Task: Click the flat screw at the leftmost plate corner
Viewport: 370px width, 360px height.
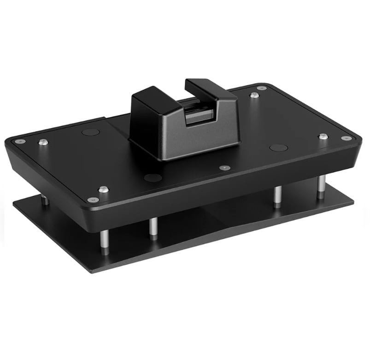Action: [x=18, y=141]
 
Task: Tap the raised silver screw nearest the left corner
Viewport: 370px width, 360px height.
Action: [x=43, y=142]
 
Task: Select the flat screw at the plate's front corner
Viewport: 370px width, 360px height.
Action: [x=93, y=200]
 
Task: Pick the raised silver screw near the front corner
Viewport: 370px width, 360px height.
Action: [x=103, y=189]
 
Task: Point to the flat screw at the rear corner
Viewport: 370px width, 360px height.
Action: [x=262, y=88]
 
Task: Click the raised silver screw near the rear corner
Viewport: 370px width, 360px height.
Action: [x=254, y=95]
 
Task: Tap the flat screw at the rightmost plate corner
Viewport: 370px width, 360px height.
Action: [x=346, y=138]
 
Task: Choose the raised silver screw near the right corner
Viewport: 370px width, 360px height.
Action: [x=323, y=136]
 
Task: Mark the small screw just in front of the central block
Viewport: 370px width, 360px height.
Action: [x=225, y=168]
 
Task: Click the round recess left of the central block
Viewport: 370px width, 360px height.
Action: [x=90, y=132]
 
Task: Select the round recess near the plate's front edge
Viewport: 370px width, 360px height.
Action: [x=153, y=177]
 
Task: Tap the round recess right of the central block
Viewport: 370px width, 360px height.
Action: [x=279, y=148]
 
